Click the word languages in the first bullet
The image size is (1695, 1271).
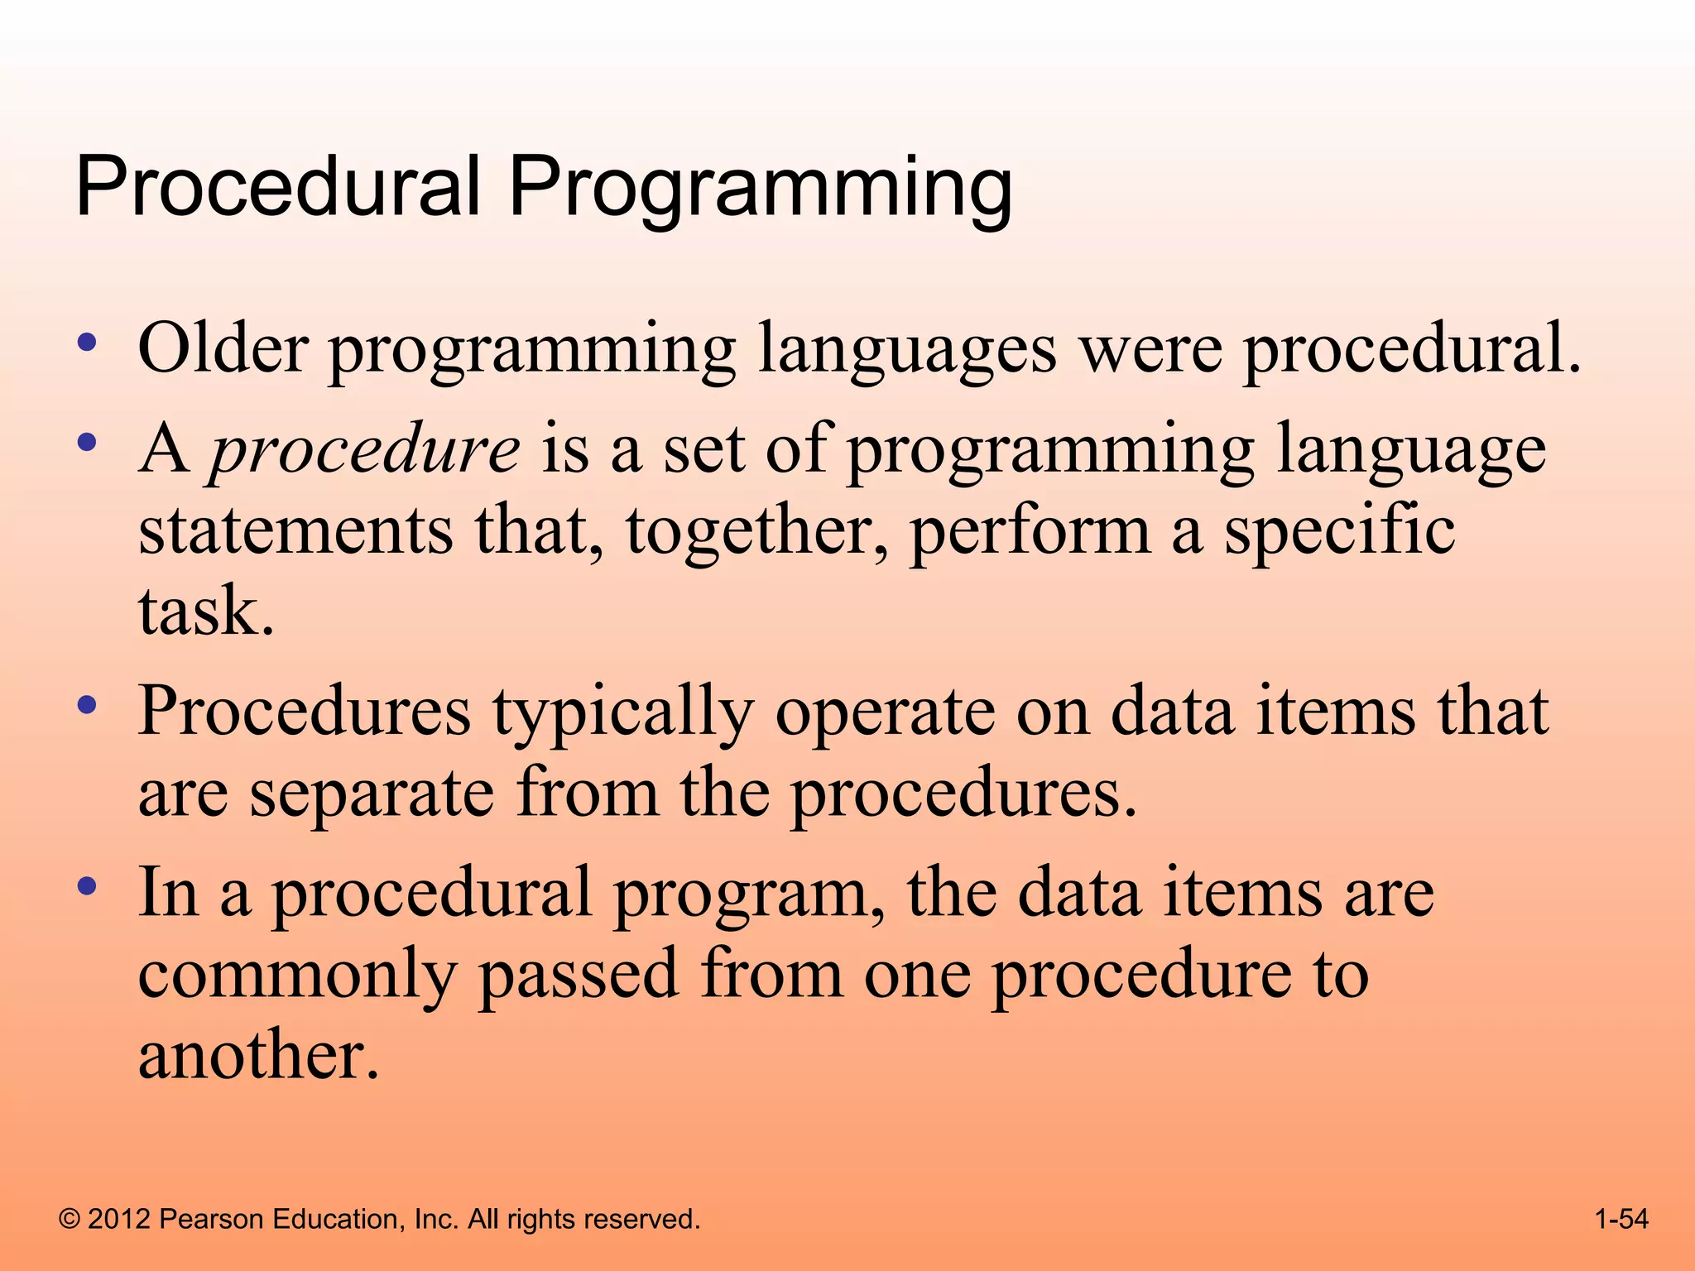point(907,352)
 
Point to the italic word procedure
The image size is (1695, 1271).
point(365,451)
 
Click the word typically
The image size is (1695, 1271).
point(623,714)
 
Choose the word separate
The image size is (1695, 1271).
point(372,795)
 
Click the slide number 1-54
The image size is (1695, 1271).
point(1621,1219)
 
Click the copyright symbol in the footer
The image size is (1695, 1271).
point(70,1219)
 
